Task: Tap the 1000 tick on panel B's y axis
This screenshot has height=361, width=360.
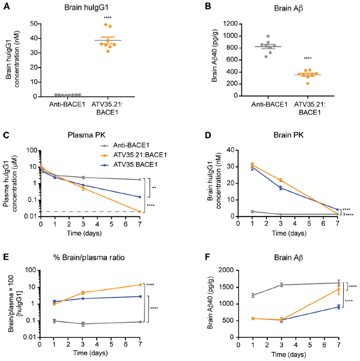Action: [x=229, y=35]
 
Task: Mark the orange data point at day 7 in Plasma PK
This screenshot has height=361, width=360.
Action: [x=155, y=227]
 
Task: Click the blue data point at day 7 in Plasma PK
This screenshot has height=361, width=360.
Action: [x=155, y=197]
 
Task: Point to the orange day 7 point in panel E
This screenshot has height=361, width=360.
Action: [x=155, y=285]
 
